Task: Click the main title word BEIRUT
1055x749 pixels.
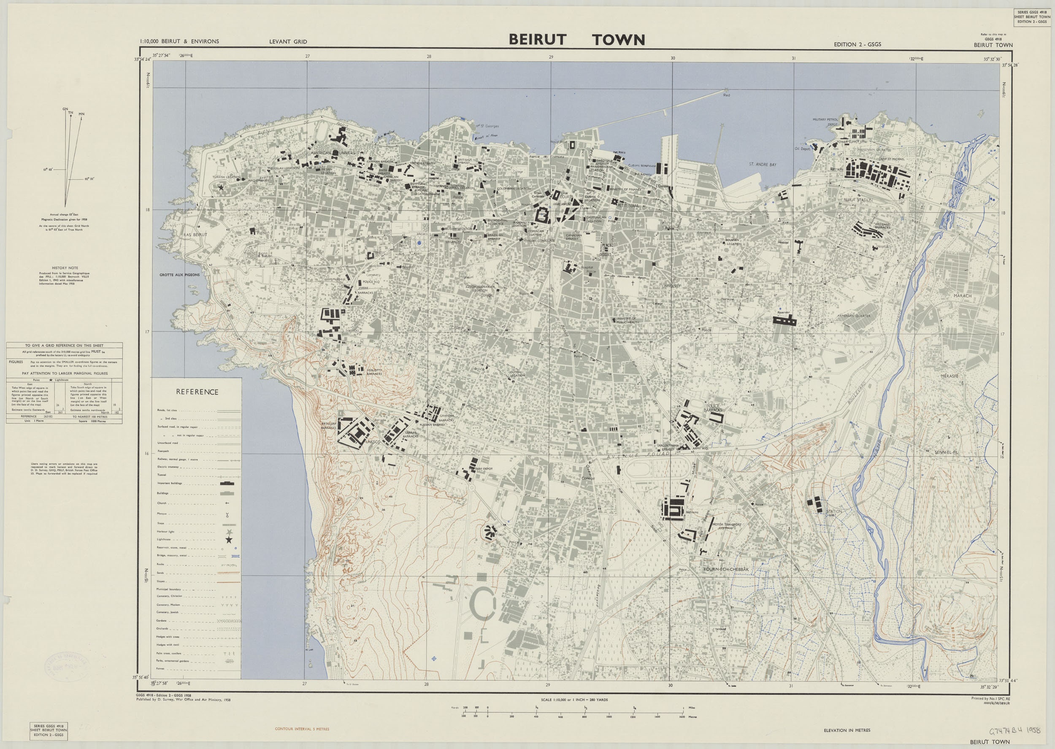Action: point(537,40)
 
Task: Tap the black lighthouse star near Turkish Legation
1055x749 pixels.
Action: point(221,188)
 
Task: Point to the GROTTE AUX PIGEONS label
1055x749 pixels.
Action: point(180,275)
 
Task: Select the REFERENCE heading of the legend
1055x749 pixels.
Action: point(197,392)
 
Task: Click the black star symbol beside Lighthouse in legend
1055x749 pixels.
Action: point(229,540)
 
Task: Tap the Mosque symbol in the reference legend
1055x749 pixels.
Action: point(227,515)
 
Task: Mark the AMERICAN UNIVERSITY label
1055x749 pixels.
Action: point(335,153)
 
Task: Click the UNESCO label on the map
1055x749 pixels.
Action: point(372,441)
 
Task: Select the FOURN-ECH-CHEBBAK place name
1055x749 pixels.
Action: point(726,570)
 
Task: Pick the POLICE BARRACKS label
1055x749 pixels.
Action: point(713,407)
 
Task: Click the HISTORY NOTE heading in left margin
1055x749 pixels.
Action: point(65,268)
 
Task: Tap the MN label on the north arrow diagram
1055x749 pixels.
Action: point(81,114)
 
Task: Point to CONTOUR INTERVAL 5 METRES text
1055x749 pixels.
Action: point(302,729)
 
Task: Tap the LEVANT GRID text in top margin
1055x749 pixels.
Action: point(288,42)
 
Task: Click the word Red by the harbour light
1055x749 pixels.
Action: point(727,95)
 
